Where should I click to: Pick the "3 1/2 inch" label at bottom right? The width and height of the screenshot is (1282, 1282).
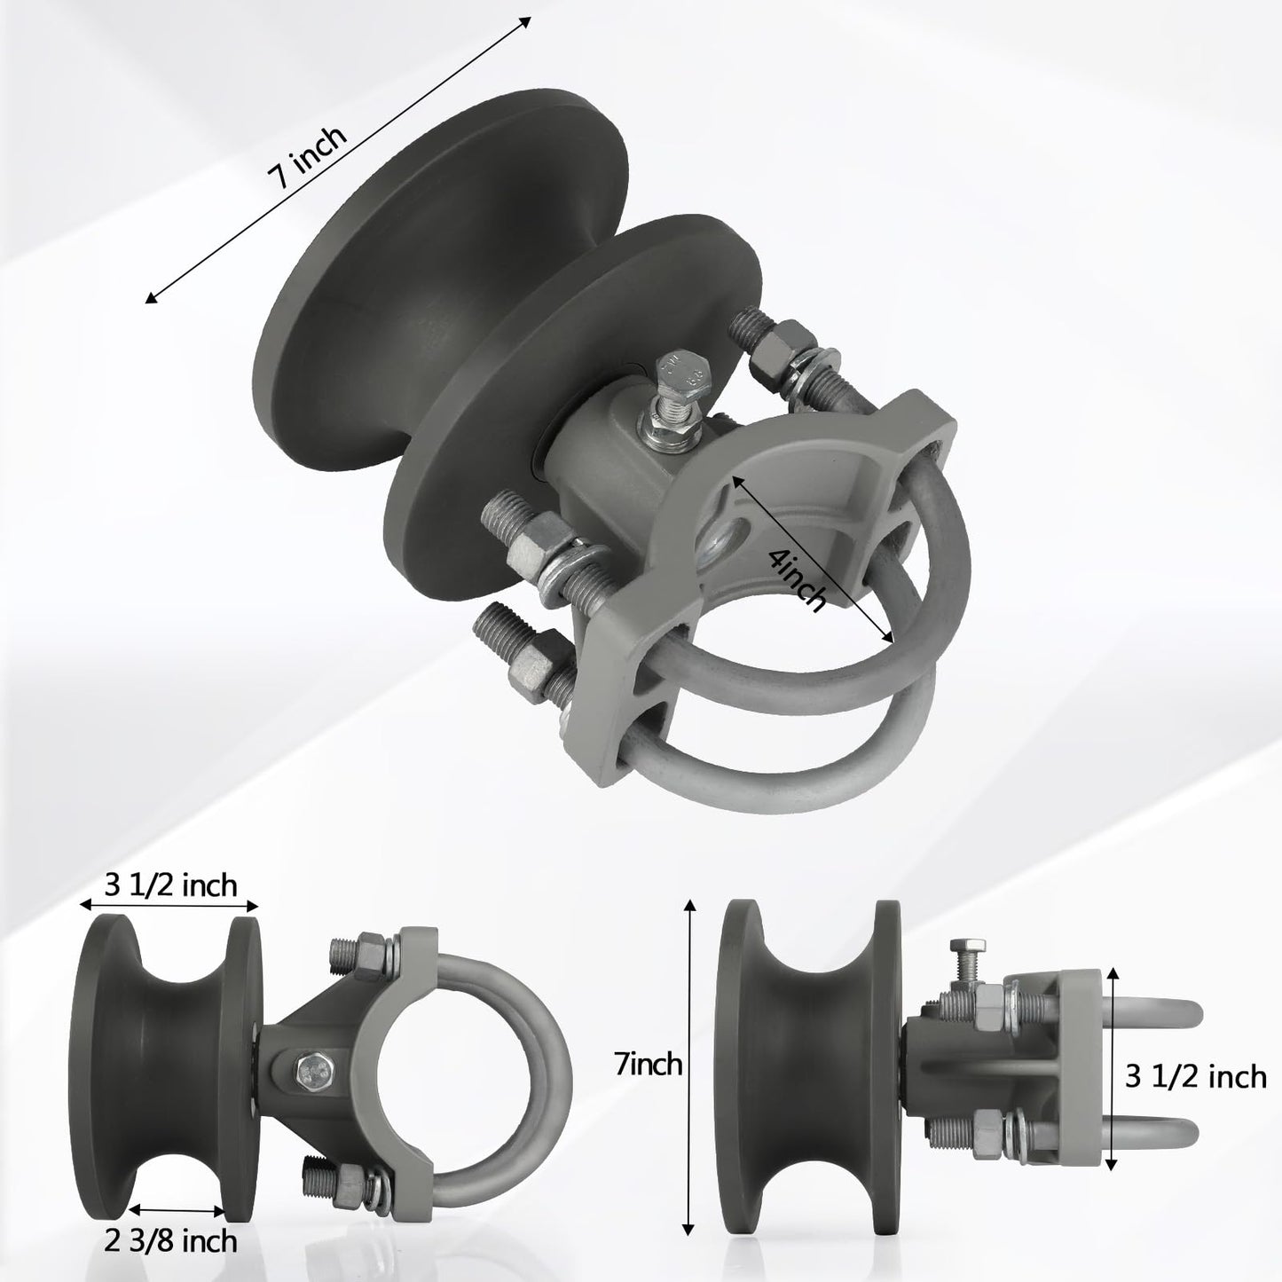[1196, 1077]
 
